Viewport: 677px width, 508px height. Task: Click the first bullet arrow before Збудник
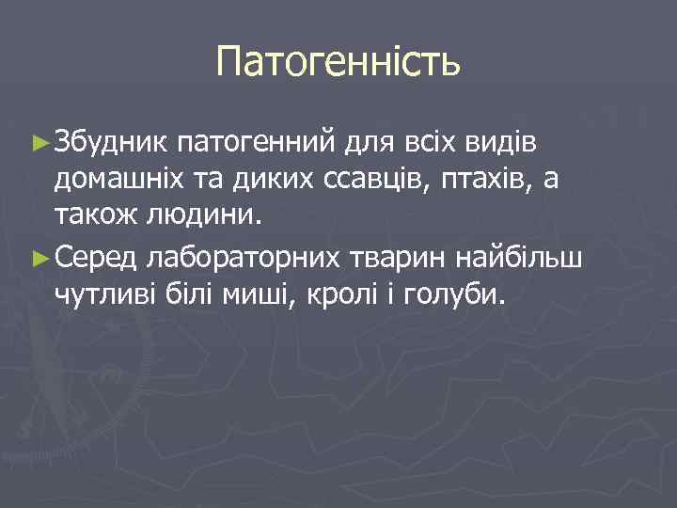point(39,142)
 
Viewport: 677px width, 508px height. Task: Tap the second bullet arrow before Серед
point(39,255)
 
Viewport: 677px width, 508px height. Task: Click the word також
point(94,217)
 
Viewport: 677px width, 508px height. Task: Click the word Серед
point(97,255)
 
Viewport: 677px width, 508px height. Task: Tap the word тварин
point(398,257)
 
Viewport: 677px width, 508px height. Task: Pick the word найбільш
point(530,255)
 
